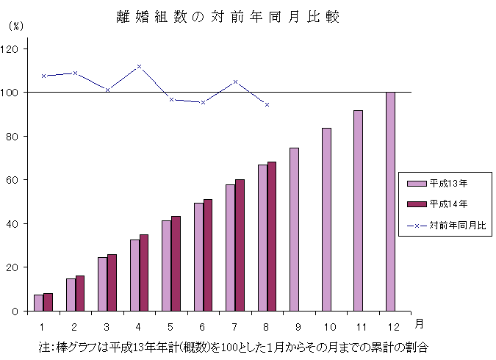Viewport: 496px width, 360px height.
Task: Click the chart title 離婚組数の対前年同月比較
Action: [228, 17]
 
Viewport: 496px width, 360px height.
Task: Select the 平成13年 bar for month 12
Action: [390, 201]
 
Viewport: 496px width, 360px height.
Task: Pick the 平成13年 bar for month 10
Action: [326, 219]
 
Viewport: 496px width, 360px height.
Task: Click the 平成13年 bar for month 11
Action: [358, 210]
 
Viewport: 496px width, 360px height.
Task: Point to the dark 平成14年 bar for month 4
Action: [144, 273]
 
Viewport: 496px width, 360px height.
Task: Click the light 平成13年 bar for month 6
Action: [198, 256]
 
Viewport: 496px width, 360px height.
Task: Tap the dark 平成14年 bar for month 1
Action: [48, 302]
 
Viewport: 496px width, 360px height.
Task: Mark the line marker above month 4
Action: [139, 67]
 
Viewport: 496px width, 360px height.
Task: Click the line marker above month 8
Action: [267, 104]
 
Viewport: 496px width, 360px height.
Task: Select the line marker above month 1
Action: [43, 76]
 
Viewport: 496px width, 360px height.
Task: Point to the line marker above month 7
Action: [235, 82]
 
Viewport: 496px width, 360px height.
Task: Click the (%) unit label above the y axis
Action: [15, 25]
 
